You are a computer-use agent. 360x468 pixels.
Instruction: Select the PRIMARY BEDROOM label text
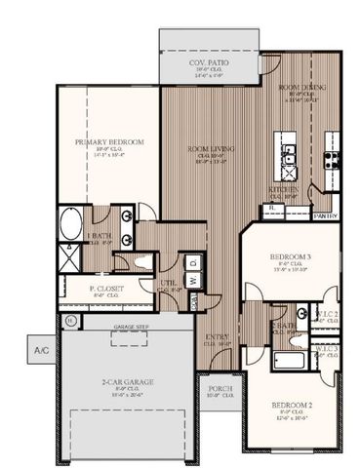109,142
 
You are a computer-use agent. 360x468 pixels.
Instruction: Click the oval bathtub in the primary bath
71,227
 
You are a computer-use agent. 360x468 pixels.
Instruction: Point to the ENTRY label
217,338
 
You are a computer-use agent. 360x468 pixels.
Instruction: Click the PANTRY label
324,215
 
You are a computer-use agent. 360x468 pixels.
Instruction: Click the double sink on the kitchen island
289,153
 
